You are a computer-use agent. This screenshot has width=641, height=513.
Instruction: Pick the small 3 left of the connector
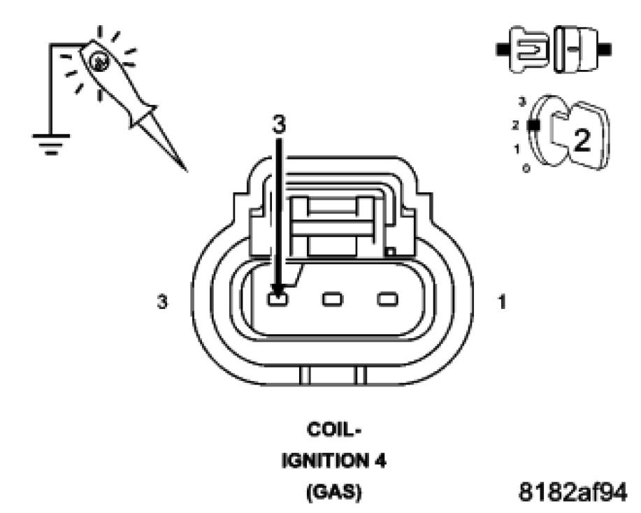coord(162,303)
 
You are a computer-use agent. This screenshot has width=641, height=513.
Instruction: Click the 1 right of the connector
coord(503,303)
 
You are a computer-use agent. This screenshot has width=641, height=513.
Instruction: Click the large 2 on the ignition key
coord(582,140)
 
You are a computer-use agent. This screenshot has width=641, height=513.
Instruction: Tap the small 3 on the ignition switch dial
coord(521,102)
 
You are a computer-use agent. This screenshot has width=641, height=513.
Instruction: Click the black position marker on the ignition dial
coord(533,126)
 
